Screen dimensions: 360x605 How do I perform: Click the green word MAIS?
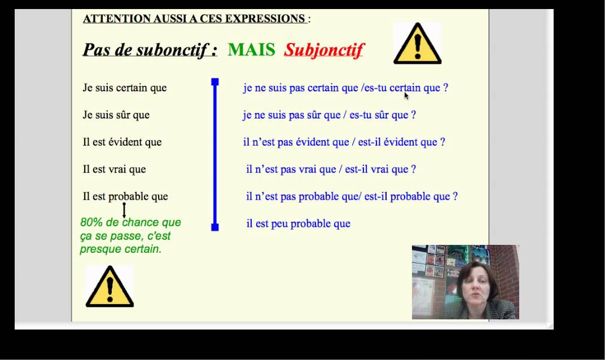click(251, 50)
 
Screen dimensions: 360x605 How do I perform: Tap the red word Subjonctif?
click(324, 50)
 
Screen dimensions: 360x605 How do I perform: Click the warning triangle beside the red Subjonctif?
click(417, 44)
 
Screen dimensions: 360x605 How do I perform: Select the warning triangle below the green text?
click(109, 287)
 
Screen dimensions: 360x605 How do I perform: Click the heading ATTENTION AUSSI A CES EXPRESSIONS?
click(195, 19)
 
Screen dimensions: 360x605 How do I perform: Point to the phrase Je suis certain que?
click(125, 88)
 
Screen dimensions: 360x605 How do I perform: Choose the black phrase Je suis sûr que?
click(116, 115)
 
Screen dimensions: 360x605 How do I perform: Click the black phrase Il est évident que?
click(122, 142)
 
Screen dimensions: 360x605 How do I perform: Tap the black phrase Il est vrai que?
click(115, 169)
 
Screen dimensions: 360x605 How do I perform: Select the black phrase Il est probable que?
click(125, 196)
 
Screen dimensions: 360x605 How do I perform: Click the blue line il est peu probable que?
click(299, 223)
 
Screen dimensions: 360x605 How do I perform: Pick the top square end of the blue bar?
click(215, 82)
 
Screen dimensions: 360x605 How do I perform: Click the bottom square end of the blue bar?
click(215, 227)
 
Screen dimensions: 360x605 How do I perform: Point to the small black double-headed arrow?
click(124, 210)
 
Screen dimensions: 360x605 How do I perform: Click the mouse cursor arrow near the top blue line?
click(406, 95)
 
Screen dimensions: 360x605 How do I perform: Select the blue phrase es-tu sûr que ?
click(383, 115)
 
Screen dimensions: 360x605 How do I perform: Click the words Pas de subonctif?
click(150, 50)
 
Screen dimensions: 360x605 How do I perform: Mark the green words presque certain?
click(121, 249)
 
